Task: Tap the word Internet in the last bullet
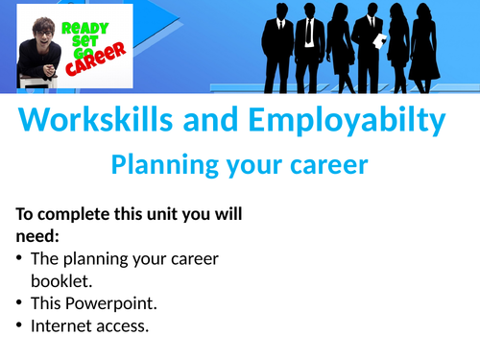coord(60,325)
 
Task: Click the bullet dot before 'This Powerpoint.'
coord(21,302)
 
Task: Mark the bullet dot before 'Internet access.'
coord(21,325)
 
